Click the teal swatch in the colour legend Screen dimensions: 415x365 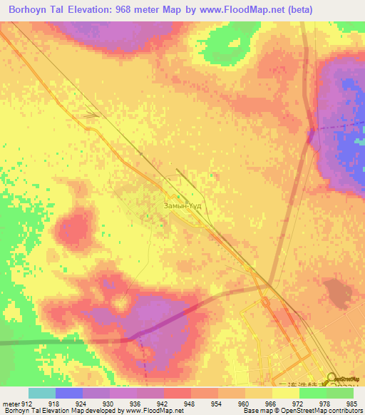coord(41,392)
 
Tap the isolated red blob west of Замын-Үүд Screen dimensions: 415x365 coord(75,230)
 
